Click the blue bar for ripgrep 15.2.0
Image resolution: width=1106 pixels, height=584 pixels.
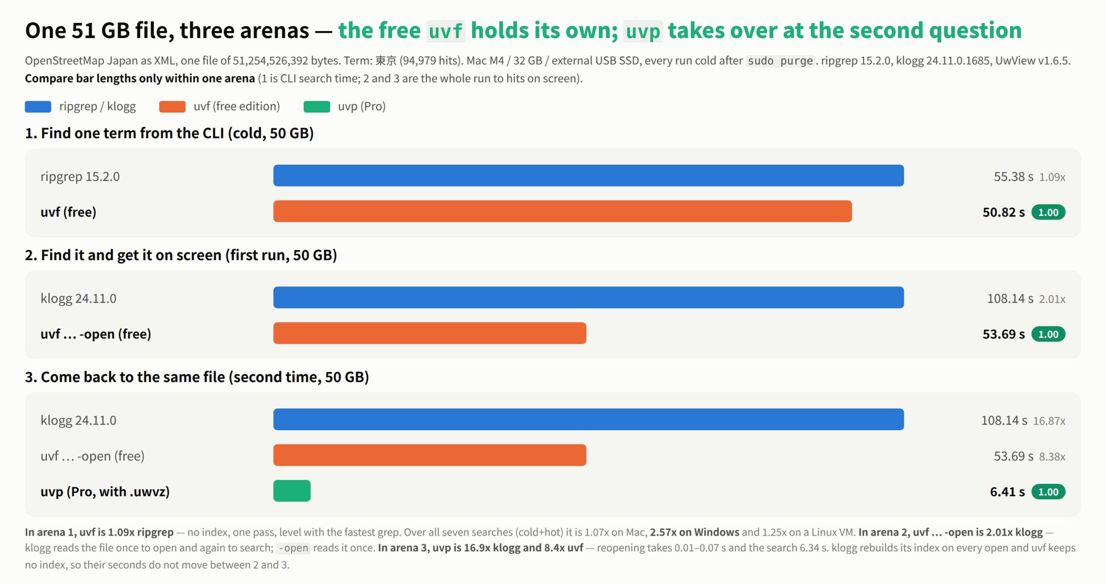588,175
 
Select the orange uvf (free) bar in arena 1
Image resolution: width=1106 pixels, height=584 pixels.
563,211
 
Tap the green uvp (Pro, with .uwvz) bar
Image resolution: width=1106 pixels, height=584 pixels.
292,491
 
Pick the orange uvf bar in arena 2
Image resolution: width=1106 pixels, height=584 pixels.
429,333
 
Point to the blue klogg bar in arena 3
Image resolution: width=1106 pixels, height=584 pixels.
588,419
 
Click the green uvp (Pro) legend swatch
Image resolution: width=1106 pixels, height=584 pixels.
317,107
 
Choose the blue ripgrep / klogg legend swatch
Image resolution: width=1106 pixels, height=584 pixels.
38,107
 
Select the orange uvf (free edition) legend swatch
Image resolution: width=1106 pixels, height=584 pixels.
172,107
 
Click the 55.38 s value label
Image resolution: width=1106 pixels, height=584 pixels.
1014,177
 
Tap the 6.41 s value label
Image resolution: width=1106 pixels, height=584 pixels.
1007,492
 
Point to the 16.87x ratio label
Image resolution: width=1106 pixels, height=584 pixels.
1049,421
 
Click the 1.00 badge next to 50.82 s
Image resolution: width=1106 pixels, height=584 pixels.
1049,213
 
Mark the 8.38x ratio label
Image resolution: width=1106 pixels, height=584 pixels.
1052,457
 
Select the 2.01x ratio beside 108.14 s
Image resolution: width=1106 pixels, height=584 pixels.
1052,299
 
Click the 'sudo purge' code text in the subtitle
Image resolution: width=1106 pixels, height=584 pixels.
780,61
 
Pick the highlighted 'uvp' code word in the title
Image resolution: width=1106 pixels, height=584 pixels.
643,31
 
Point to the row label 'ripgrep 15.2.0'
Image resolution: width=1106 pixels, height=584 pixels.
80,177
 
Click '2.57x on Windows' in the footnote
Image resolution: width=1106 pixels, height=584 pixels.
695,532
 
